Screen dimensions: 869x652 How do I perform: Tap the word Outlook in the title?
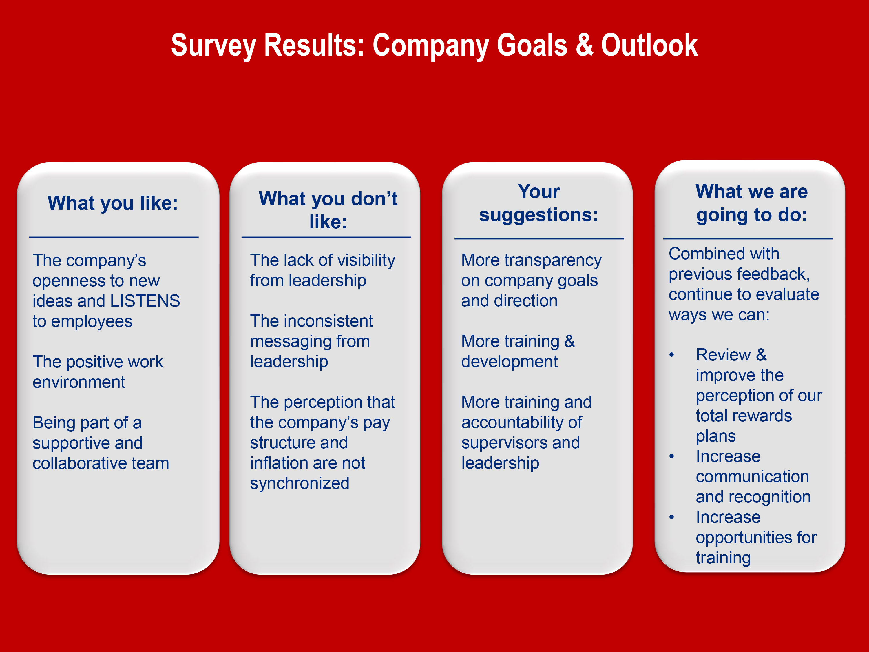click(649, 45)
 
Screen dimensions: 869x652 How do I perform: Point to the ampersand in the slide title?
click(585, 45)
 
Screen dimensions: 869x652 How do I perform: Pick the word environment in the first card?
click(78, 382)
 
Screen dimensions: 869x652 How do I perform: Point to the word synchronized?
click(300, 483)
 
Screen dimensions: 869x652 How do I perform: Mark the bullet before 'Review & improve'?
click(672, 355)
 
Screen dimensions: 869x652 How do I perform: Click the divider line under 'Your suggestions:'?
click(539, 238)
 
